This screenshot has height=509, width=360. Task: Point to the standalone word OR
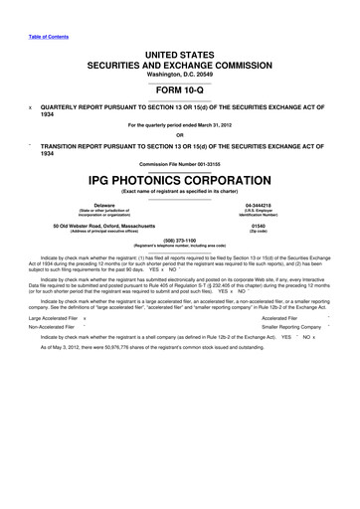179,136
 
